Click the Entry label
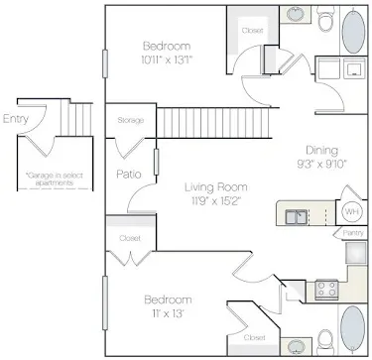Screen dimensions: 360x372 click(16, 119)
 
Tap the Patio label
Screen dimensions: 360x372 click(127, 175)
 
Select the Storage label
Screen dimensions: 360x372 click(130, 120)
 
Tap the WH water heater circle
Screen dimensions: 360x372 click(350, 211)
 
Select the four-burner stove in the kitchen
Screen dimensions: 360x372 click(326, 290)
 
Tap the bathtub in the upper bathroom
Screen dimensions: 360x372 click(353, 30)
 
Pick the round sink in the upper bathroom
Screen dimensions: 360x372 click(295, 16)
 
